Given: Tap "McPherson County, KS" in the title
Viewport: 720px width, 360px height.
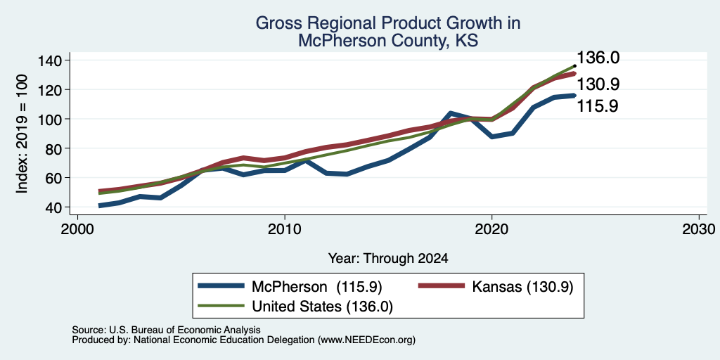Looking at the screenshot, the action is pyautogui.click(x=388, y=41).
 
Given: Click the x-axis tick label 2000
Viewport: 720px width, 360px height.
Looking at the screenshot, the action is pyautogui.click(x=77, y=229).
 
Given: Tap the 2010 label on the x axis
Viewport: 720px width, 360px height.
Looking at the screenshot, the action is pyautogui.click(x=285, y=229).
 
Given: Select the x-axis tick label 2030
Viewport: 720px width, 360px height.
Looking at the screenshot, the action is pyautogui.click(x=699, y=229).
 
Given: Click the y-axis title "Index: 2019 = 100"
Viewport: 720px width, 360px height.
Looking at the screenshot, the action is pyautogui.click(x=22, y=134).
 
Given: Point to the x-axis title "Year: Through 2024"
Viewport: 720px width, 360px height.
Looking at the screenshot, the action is pyautogui.click(x=388, y=259).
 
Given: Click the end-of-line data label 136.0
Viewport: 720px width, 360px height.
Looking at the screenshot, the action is pyautogui.click(x=598, y=58).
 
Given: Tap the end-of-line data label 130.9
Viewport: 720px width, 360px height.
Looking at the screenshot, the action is pyautogui.click(x=598, y=84).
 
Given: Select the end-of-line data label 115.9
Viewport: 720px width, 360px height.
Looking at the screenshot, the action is pyautogui.click(x=598, y=106).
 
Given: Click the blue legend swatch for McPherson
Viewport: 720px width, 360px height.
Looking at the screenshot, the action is pyautogui.click(x=221, y=286).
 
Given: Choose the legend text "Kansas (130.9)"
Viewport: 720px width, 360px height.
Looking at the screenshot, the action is pyautogui.click(x=522, y=287).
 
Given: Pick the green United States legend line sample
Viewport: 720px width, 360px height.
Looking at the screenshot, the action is pyautogui.click(x=221, y=305).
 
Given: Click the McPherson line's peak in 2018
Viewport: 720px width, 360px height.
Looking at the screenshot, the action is pyautogui.click(x=451, y=113).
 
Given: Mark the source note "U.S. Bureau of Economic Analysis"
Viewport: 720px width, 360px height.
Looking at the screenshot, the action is pyautogui.click(x=185, y=330).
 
